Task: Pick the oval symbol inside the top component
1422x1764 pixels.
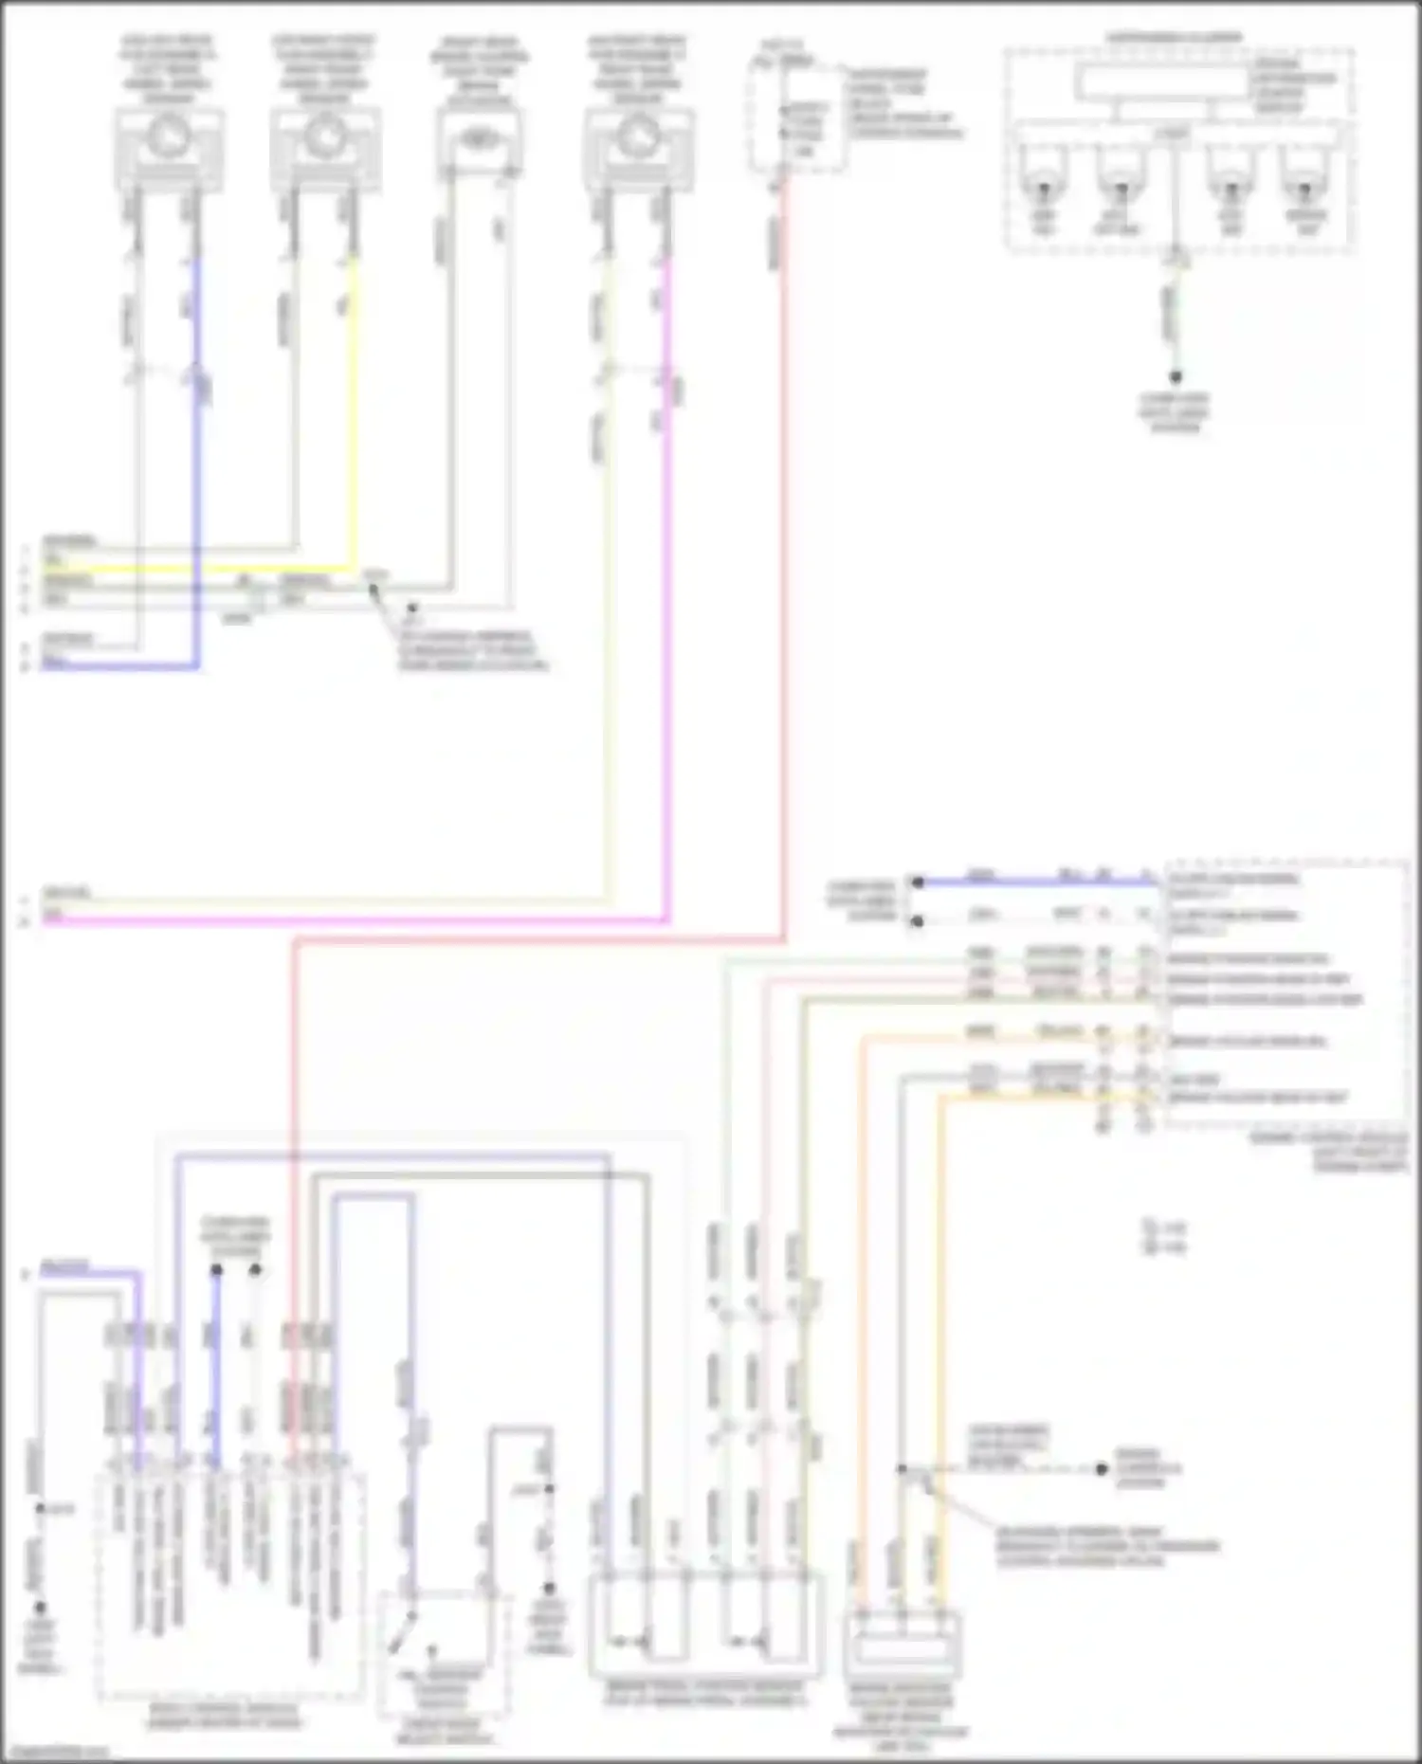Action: [x=478, y=138]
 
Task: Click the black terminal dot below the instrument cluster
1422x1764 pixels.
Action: [x=1176, y=376]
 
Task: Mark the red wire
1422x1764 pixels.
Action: [x=784, y=569]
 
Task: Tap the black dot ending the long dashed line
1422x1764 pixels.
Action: [x=1102, y=1469]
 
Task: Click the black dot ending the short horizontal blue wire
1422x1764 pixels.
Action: [x=917, y=882]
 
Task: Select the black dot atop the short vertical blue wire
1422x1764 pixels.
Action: [x=216, y=1269]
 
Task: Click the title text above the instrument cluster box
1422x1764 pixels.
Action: [x=1174, y=39]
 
